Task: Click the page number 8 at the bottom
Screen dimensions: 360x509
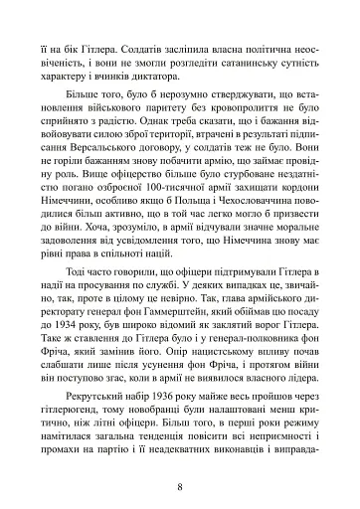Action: pyautogui.click(x=180, y=459)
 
